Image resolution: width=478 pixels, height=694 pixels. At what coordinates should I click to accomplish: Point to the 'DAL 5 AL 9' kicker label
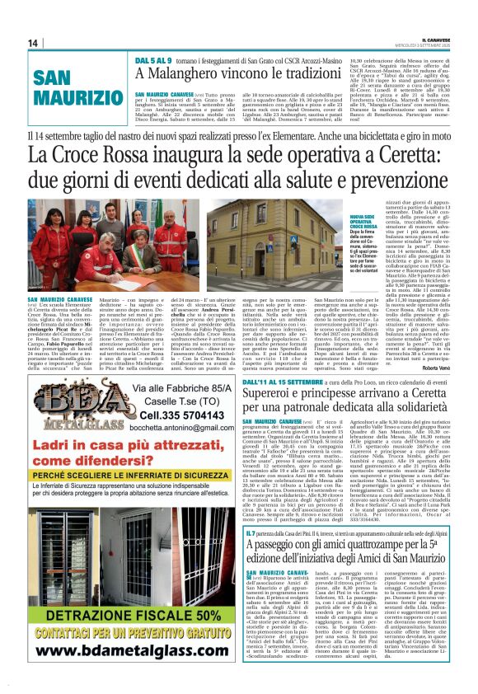click(154, 59)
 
